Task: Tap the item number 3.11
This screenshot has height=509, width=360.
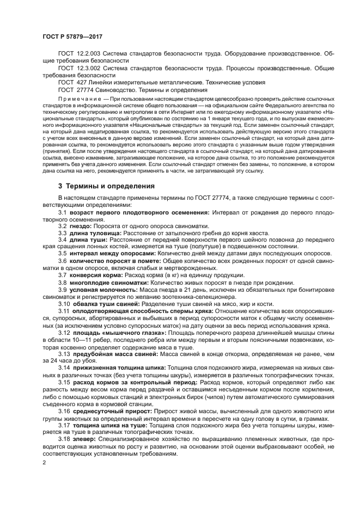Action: coord(64,311)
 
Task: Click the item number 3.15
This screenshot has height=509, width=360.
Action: coord(64,382)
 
